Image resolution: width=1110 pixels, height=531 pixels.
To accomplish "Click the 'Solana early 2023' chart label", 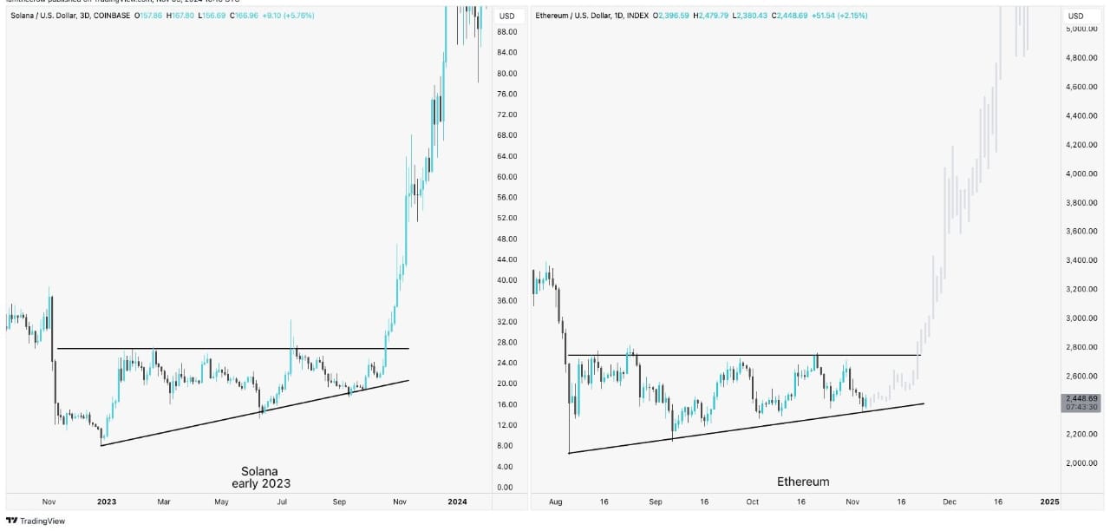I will (x=260, y=477).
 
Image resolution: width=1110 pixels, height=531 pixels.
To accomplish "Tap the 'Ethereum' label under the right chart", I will (x=802, y=482).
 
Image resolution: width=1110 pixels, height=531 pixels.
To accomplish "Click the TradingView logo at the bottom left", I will (x=36, y=521).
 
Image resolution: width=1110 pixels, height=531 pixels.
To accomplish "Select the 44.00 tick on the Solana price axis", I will (x=506, y=259).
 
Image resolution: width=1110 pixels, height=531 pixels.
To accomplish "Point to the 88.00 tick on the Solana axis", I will (x=506, y=32).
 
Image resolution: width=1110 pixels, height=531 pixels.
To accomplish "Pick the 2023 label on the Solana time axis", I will (x=107, y=501).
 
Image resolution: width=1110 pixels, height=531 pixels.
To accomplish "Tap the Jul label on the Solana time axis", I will (x=283, y=501).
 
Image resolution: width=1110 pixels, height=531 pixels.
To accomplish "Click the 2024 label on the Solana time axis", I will (x=457, y=501).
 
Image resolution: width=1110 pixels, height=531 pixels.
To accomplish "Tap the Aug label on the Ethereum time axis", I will (x=556, y=501).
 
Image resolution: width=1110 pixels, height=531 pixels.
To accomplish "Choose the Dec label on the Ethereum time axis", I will (x=950, y=501).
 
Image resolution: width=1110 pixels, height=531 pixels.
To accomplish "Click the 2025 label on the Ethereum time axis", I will (x=1049, y=501).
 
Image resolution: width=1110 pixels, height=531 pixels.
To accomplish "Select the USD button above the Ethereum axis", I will (x=1075, y=16).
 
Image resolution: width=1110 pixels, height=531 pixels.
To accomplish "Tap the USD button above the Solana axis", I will (x=506, y=16).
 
